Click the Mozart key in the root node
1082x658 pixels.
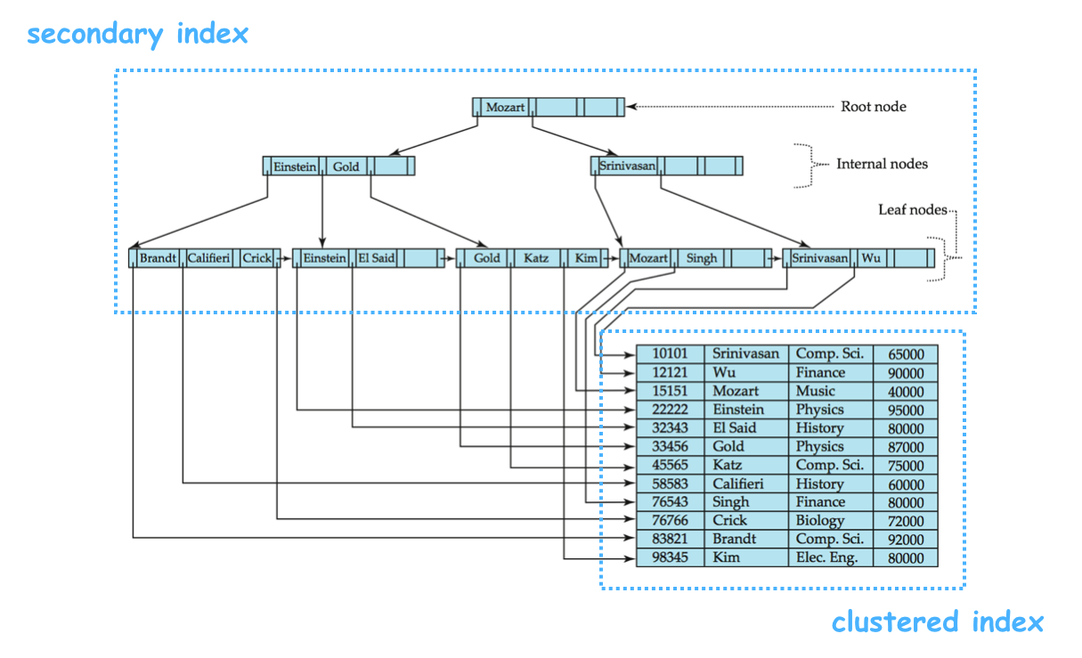[505, 108]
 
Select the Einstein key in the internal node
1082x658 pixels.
[295, 167]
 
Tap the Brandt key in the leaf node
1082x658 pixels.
[158, 258]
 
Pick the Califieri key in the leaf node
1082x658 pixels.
[208, 258]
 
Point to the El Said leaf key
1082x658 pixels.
[376, 258]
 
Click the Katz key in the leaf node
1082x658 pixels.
[535, 258]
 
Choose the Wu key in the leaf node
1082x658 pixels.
[871, 258]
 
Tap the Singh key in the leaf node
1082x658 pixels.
[701, 258]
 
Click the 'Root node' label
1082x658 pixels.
[874, 107]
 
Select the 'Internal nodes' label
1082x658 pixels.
[882, 164]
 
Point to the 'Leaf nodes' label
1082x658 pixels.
[912, 210]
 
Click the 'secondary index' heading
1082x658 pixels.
[137, 35]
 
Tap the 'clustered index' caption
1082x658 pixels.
[937, 621]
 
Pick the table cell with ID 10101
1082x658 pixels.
[670, 353]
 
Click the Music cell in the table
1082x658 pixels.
[816, 391]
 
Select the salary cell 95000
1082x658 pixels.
[906, 410]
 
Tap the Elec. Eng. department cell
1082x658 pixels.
[826, 558]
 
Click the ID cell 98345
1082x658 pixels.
[670, 558]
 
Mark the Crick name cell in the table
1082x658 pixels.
[730, 521]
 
